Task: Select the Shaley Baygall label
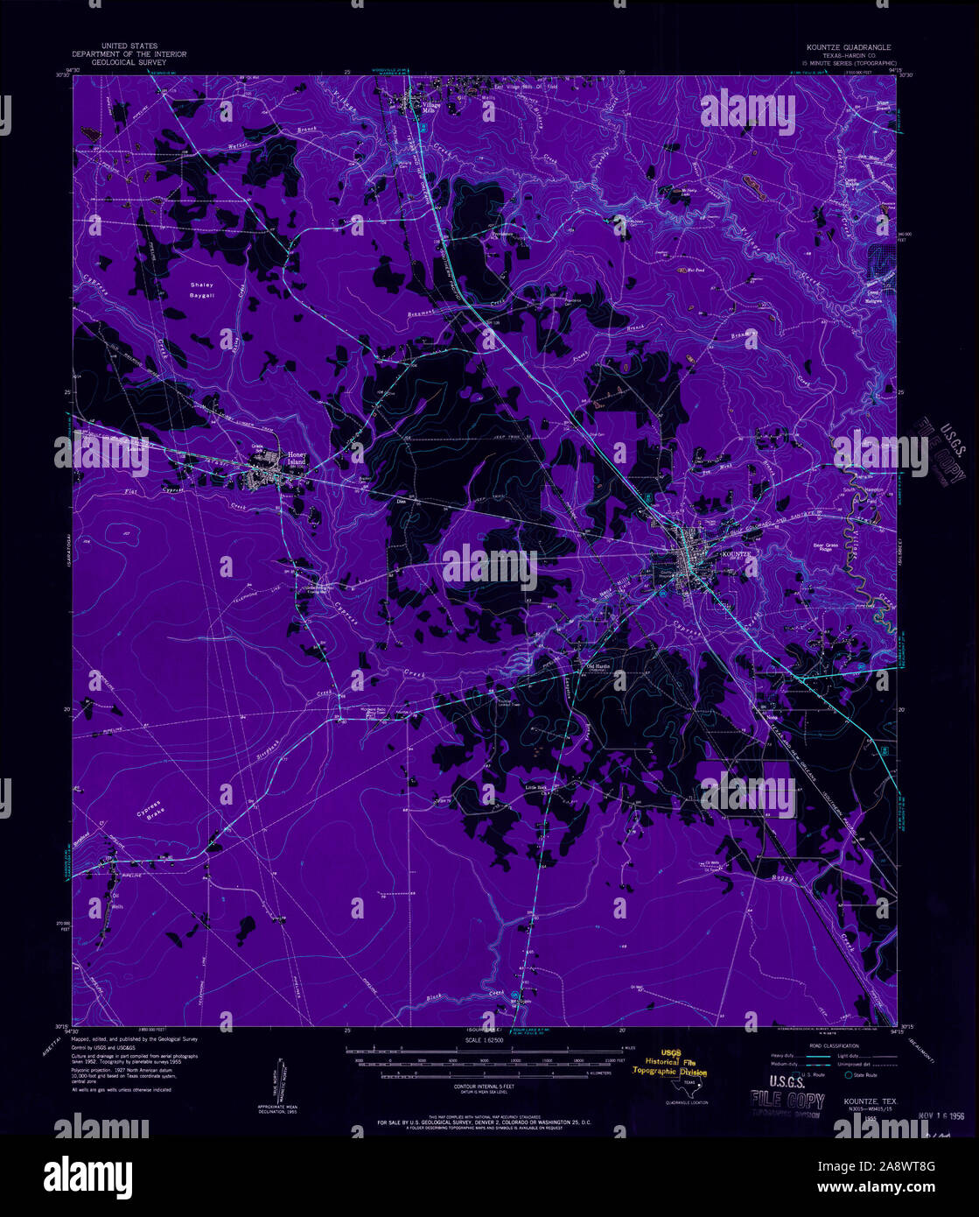pyautogui.click(x=202, y=290)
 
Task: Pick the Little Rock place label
pyautogui.click(x=535, y=787)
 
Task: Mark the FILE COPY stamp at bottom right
pyautogui.click(x=787, y=1101)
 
